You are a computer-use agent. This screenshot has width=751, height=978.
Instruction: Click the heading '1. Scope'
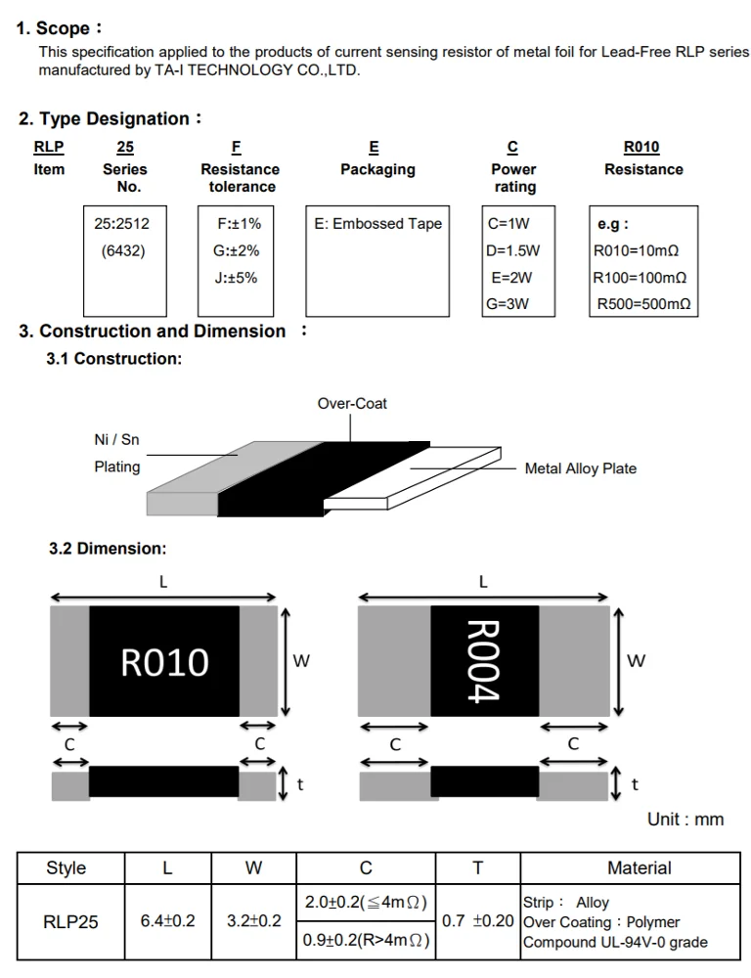click(59, 28)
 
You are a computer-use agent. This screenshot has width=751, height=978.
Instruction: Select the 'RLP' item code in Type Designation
click(49, 148)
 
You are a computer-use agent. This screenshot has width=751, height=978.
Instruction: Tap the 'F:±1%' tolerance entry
click(238, 223)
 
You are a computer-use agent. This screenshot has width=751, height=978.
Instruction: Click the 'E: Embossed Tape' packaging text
click(377, 223)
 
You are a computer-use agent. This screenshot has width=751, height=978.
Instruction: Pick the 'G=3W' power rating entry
click(508, 303)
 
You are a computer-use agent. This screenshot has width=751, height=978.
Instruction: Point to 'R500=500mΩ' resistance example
click(643, 303)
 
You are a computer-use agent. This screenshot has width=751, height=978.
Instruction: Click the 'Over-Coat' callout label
click(352, 403)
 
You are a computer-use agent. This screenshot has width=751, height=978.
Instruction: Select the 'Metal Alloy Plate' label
click(580, 468)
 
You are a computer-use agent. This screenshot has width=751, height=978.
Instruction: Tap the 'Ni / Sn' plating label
click(116, 440)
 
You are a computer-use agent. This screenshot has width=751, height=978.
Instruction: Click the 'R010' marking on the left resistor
click(164, 662)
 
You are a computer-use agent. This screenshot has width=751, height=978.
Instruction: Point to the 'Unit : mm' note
click(685, 819)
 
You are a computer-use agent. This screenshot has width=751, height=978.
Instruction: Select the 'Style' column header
click(66, 867)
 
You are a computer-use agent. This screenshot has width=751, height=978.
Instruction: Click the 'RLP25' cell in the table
click(70, 921)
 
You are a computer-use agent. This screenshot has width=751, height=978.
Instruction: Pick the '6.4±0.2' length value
click(168, 921)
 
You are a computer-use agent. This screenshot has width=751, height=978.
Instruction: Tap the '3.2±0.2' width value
click(253, 921)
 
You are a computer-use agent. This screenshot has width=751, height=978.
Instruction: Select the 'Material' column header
click(639, 867)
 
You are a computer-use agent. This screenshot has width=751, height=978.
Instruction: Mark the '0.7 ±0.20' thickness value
click(478, 921)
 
